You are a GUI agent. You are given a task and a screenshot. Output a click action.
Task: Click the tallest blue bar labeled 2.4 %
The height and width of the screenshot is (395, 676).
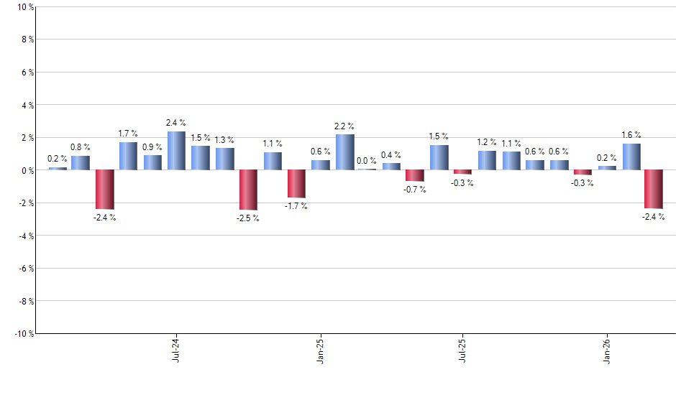pyautogui.click(x=176, y=151)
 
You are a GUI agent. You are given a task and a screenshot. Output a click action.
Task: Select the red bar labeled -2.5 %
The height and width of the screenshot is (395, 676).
pyautogui.click(x=248, y=190)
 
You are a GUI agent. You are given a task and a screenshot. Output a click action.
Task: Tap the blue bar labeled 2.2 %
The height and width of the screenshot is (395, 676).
pyautogui.click(x=344, y=152)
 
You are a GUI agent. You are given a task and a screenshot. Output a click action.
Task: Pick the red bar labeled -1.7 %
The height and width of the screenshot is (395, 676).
pyautogui.click(x=296, y=184)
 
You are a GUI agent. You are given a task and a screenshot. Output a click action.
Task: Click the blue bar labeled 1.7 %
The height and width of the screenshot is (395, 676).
pyautogui.click(x=128, y=156)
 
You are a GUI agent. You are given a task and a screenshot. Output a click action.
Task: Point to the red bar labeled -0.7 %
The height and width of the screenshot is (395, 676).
pyautogui.click(x=415, y=176)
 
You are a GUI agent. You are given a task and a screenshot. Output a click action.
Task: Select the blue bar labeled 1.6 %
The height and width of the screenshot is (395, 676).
pyautogui.click(x=631, y=157)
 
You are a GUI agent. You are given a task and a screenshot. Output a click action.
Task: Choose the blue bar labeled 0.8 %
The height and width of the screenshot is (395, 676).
pyautogui.click(x=81, y=163)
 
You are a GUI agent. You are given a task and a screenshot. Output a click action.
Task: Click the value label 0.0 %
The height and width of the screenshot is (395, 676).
pyautogui.click(x=366, y=161)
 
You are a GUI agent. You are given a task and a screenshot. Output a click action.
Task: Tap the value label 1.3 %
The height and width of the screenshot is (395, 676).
pyautogui.click(x=224, y=140)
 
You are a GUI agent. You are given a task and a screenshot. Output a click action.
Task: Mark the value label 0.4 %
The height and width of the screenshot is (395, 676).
pyautogui.click(x=391, y=155)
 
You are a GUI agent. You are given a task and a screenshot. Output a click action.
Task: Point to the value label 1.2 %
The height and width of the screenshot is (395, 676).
pyautogui.click(x=487, y=143)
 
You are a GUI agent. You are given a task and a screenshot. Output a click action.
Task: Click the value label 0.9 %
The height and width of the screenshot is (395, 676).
pyautogui.click(x=152, y=147)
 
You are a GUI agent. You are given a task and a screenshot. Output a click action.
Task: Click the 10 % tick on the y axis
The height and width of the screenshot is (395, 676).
pyautogui.click(x=23, y=7)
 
